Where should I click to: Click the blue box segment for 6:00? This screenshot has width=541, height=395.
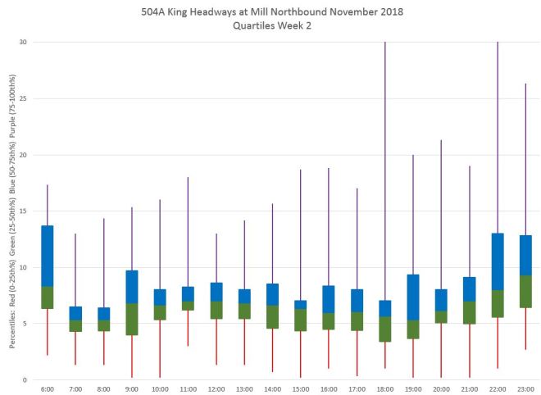(48, 256)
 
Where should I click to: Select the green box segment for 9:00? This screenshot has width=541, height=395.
(132, 319)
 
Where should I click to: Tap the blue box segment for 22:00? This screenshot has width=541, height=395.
(498, 261)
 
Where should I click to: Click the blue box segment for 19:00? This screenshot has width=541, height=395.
(413, 297)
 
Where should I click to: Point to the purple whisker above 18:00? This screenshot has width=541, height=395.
(385, 164)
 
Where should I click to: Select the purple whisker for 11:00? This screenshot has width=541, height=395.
(188, 229)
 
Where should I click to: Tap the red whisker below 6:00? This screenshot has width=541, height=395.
(48, 332)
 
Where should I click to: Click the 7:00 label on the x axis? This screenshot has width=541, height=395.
(75, 388)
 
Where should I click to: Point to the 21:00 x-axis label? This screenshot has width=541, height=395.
(470, 388)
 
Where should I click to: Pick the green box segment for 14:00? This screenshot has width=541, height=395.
(272, 316)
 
